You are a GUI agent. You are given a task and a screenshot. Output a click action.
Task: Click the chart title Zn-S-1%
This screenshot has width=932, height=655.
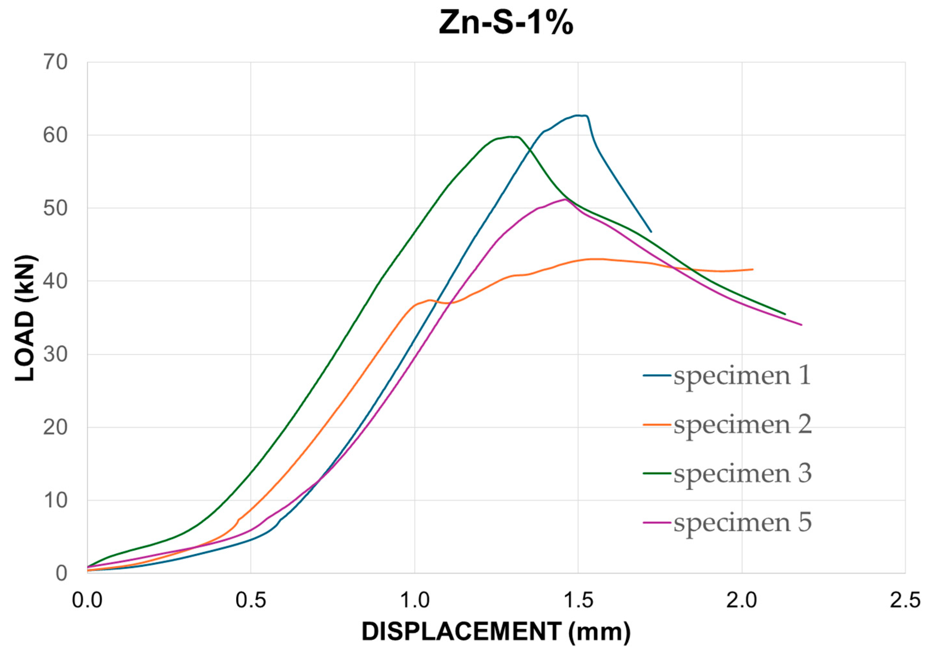coord(506,24)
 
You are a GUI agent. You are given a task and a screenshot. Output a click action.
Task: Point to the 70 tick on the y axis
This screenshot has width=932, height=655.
coord(55,63)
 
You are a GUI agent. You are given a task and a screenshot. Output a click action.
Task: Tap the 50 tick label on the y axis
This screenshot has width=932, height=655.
coord(55,209)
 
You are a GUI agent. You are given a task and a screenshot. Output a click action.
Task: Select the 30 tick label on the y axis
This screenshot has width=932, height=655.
coord(55,355)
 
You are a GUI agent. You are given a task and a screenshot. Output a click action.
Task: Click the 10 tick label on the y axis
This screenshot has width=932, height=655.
coord(55,501)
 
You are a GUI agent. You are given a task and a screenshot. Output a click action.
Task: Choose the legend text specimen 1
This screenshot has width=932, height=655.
coord(743,375)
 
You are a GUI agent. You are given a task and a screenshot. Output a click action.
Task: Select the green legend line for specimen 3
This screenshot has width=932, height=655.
coord(657,473)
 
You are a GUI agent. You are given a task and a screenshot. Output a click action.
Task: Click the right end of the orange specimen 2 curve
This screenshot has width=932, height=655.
coord(753,269)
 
